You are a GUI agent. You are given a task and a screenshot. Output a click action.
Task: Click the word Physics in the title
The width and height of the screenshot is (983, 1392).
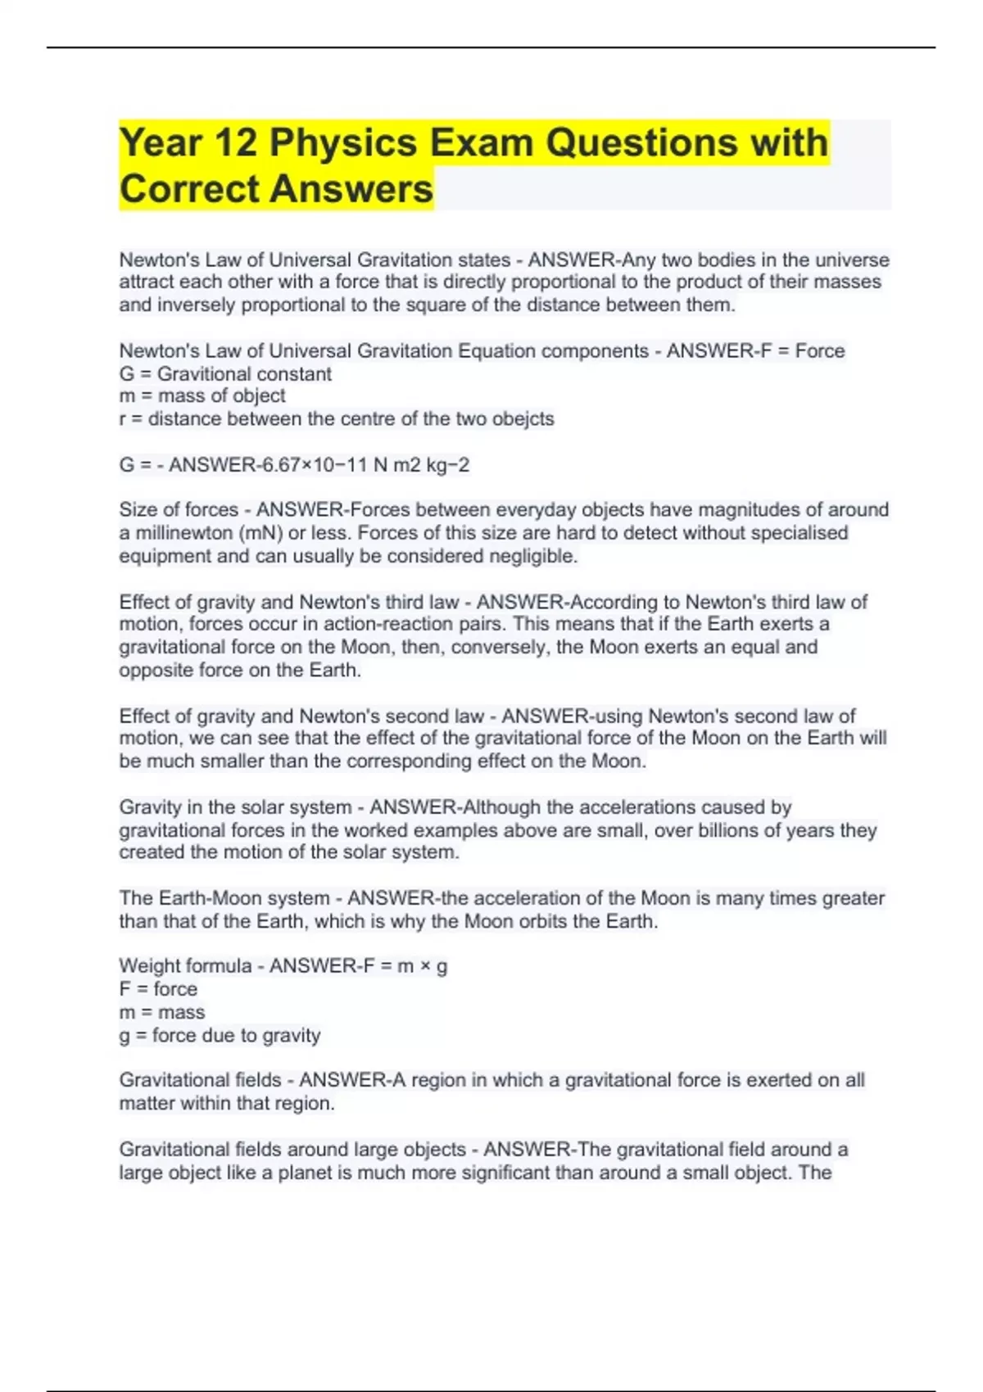pos(343,142)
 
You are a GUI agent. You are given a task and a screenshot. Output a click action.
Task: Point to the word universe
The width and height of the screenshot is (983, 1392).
pos(852,260)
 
